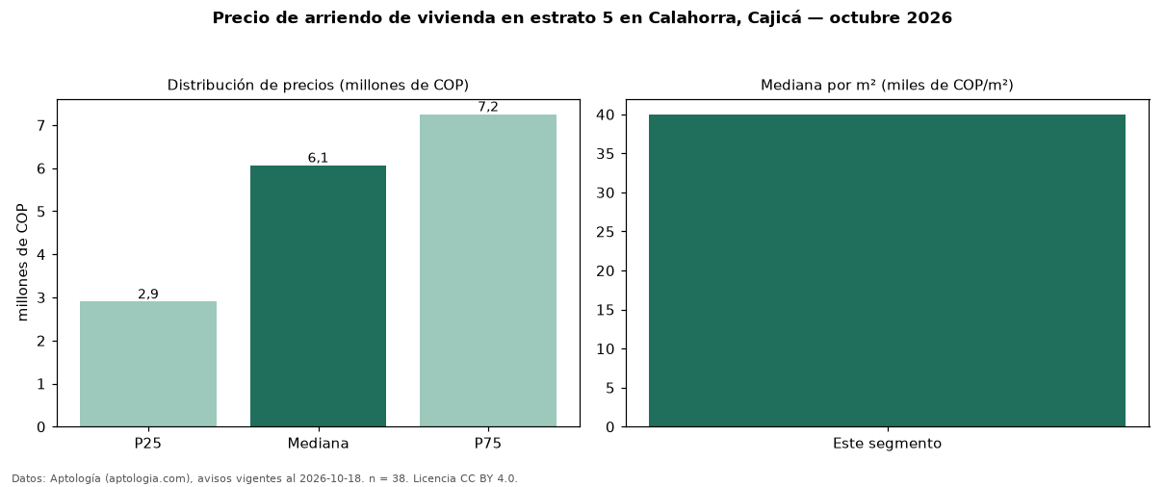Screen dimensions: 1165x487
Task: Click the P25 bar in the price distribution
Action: [x=148, y=364]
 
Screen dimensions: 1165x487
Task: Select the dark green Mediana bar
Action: [x=319, y=296]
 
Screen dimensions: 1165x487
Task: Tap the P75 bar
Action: [x=488, y=270]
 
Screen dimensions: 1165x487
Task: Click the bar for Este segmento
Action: [x=888, y=270]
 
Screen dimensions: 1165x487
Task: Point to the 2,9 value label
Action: [x=148, y=295]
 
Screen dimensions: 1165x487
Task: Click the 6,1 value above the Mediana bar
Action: [x=319, y=158]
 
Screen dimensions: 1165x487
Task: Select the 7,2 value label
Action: [x=488, y=107]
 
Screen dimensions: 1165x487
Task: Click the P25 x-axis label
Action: [x=148, y=444]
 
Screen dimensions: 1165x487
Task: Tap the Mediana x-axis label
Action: [x=319, y=444]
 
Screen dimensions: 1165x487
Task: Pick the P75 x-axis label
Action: [x=488, y=444]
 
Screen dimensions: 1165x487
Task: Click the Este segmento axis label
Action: [x=888, y=444]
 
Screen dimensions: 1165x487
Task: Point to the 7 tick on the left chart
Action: [x=41, y=126]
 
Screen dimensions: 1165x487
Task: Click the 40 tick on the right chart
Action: [x=606, y=115]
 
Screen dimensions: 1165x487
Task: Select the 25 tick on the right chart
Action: [x=606, y=232]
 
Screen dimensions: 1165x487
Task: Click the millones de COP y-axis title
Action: [x=22, y=263]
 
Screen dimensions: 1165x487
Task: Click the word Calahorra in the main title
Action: [x=695, y=18]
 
